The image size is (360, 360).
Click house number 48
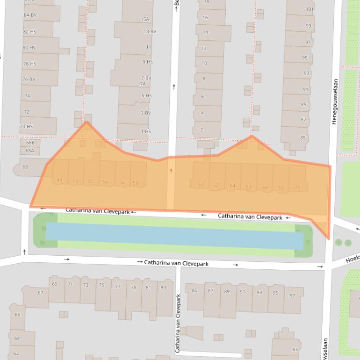(x=59, y=180)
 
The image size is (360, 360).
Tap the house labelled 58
(x=136, y=183)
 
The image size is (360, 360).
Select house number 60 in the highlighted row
(x=202, y=185)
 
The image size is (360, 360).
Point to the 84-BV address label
(x=30, y=15)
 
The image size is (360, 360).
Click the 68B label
(x=30, y=142)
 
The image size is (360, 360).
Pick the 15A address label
(x=145, y=19)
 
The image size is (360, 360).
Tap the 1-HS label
(x=146, y=131)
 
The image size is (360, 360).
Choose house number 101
(x=310, y=9)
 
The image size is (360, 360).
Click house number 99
(x=308, y=26)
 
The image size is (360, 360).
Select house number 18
(x=207, y=2)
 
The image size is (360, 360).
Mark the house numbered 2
(x=202, y=130)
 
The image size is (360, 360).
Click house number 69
(x=55, y=284)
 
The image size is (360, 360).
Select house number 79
(x=134, y=287)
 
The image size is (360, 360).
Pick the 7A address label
(x=143, y=84)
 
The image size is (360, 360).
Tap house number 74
(x=27, y=96)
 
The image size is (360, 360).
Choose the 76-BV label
(x=29, y=79)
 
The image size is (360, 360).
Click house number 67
(x=41, y=293)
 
